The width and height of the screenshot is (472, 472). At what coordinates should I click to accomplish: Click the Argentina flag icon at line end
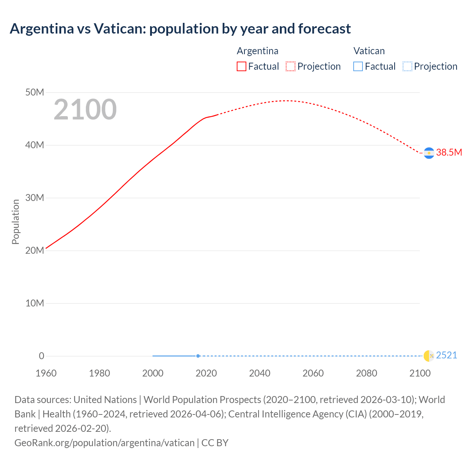tap(429, 153)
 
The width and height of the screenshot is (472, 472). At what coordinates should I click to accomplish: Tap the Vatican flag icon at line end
tap(429, 356)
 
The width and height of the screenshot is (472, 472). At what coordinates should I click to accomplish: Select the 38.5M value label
tap(449, 153)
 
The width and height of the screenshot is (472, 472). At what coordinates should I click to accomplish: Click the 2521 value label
tap(447, 355)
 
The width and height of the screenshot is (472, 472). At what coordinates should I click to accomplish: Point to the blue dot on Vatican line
tap(198, 356)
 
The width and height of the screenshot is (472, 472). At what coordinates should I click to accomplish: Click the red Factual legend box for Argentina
tap(242, 66)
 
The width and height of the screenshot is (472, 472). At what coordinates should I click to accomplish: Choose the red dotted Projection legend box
tap(291, 66)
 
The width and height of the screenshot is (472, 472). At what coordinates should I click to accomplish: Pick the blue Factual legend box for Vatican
tap(358, 66)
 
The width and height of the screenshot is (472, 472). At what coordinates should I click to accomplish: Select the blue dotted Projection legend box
tap(407, 66)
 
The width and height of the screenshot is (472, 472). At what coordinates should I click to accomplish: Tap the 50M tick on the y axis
tap(35, 92)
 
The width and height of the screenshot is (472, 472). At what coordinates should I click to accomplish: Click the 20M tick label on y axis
tap(35, 250)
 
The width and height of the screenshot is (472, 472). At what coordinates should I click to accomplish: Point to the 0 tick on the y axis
tap(41, 356)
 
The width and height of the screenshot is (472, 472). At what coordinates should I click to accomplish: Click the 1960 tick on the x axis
tap(46, 373)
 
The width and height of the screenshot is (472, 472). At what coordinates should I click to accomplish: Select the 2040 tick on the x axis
tap(260, 373)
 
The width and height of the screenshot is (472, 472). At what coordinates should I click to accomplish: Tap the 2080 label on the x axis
tap(367, 373)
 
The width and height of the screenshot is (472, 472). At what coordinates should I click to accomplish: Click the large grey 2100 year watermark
tap(85, 110)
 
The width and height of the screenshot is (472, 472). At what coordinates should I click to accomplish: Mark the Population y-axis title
tap(15, 222)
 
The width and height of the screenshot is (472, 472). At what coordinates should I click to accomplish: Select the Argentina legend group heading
tap(257, 51)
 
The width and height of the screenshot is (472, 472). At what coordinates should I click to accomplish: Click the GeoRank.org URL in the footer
tap(104, 442)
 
